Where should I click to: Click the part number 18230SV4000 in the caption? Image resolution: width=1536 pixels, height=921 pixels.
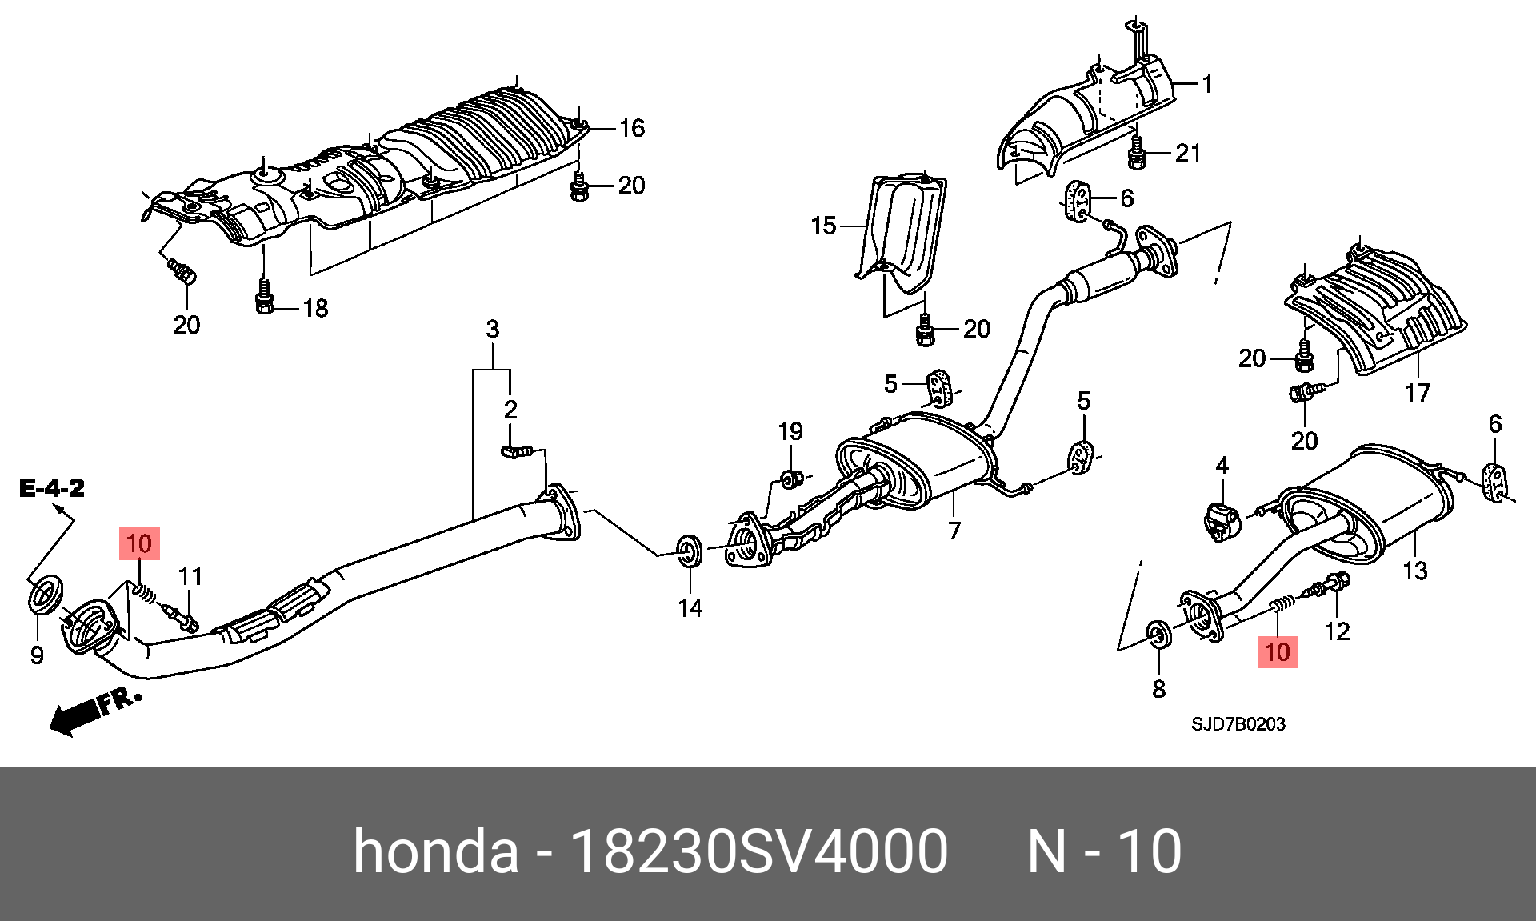click(758, 851)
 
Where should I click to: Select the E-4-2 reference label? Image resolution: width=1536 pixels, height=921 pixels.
click(52, 488)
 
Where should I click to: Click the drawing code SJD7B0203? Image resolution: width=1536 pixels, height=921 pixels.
click(1238, 724)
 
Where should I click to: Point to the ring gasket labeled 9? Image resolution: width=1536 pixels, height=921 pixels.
click(46, 594)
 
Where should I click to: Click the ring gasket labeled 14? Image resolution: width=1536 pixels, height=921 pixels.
click(689, 551)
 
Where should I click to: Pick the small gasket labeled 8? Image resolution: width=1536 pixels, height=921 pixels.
click(1159, 635)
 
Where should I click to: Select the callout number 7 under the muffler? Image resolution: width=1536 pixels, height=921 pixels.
click(954, 531)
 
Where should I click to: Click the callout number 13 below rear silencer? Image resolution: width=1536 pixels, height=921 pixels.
click(1414, 571)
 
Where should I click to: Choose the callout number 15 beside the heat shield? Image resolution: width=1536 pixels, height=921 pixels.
click(823, 226)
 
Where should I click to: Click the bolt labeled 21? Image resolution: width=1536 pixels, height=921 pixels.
click(1137, 153)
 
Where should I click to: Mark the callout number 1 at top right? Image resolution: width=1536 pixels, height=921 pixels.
click(1207, 84)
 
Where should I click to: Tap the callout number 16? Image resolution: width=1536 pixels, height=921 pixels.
click(632, 128)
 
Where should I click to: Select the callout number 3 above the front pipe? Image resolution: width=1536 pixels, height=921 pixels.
click(493, 329)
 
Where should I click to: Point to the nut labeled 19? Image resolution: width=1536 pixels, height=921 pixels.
click(788, 479)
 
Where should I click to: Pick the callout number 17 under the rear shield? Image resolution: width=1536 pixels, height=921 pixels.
click(1417, 393)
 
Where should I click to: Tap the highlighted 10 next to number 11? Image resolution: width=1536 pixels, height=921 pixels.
click(139, 544)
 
